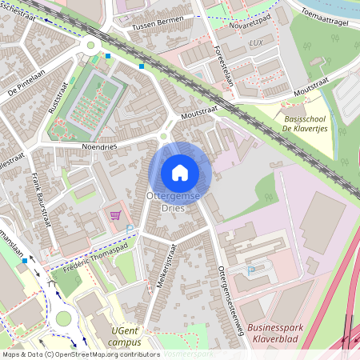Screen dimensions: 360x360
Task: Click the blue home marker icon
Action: click(x=180, y=173)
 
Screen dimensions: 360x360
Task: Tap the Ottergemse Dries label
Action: click(x=166, y=201)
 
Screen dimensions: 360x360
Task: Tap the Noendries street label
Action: click(x=99, y=147)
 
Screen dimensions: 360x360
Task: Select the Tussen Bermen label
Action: click(x=159, y=23)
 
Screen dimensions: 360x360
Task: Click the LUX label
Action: click(x=256, y=42)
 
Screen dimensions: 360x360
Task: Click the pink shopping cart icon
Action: click(x=115, y=215)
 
